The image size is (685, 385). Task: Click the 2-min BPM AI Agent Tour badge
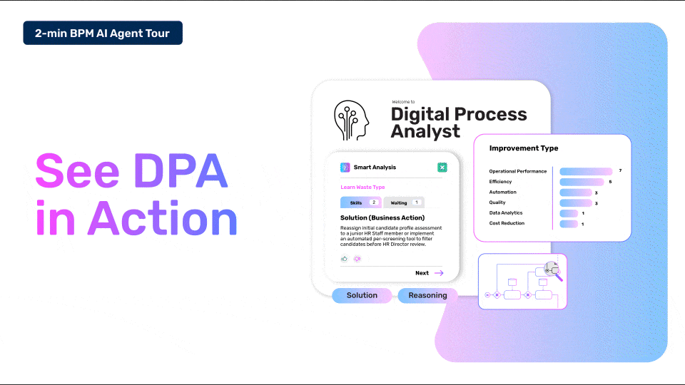point(103,33)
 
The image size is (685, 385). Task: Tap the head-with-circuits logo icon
point(351,120)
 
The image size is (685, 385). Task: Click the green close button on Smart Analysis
point(442,167)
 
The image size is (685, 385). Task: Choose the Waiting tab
point(404,202)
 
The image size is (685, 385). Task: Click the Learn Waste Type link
point(362,188)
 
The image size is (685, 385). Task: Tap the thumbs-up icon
point(344,259)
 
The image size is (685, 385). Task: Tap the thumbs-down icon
point(357,259)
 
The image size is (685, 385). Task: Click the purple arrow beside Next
point(439,273)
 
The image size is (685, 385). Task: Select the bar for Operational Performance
point(586,171)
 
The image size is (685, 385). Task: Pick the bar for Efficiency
point(582,182)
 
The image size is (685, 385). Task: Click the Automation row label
point(502,192)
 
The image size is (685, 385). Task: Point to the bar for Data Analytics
point(569,213)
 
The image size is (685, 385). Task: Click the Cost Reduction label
point(507,223)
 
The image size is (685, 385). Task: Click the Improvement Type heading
point(523,148)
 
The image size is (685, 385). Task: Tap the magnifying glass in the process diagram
point(553,271)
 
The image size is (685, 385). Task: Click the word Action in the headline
point(163,218)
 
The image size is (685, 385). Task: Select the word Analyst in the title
point(425,132)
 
